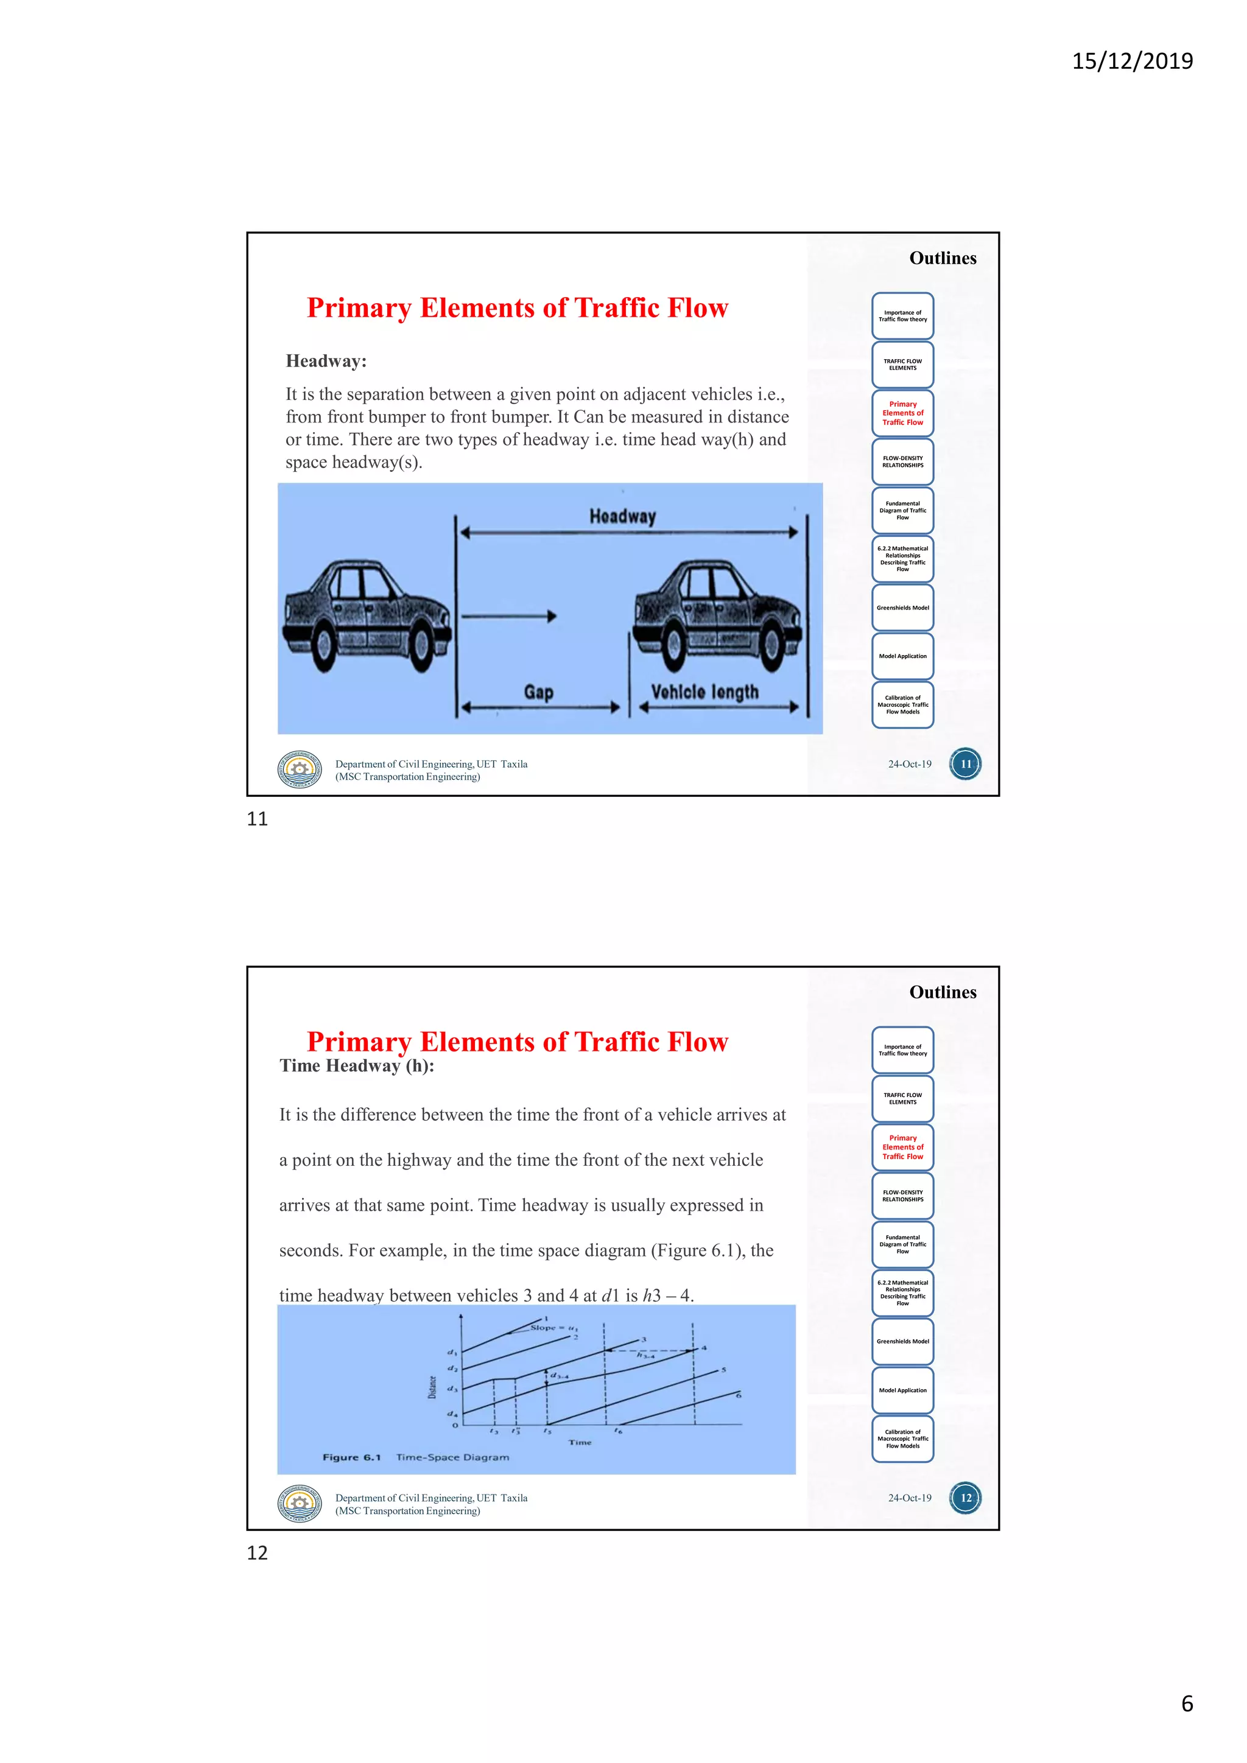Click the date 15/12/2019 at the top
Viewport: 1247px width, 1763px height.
pyautogui.click(x=1132, y=61)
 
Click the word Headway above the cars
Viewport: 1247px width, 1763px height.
pyautogui.click(x=623, y=516)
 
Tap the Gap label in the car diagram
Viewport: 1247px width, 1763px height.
pyautogui.click(x=538, y=692)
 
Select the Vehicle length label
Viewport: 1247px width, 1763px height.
pyautogui.click(x=704, y=692)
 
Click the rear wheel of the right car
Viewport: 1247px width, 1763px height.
pyautogui.click(x=673, y=647)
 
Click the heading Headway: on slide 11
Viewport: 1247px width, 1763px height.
pyautogui.click(x=326, y=361)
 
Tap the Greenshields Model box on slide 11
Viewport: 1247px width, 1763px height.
pyautogui.click(x=902, y=608)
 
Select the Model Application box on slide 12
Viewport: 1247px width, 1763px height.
pyautogui.click(x=902, y=1390)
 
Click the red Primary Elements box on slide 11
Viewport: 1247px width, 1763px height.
pyautogui.click(x=902, y=413)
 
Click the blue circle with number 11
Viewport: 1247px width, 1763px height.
pyautogui.click(x=965, y=764)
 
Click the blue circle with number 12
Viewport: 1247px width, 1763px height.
pyautogui.click(x=965, y=1498)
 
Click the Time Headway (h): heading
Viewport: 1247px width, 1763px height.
pyautogui.click(x=356, y=1066)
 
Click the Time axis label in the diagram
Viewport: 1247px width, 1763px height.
pyautogui.click(x=580, y=1442)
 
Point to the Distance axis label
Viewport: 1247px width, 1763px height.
pyautogui.click(x=432, y=1387)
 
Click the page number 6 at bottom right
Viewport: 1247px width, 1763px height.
pyautogui.click(x=1186, y=1704)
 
